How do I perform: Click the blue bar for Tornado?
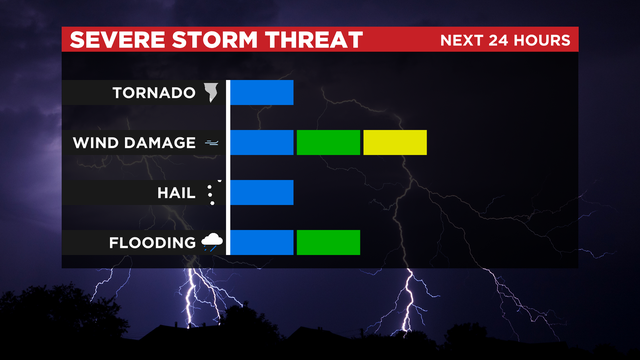click(x=263, y=93)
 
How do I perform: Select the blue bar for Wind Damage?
click(x=263, y=142)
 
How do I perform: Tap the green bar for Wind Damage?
click(x=328, y=142)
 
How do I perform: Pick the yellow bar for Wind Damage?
click(x=395, y=142)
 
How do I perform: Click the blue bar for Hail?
click(x=263, y=192)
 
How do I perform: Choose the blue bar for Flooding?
click(x=263, y=242)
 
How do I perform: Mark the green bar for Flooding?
click(x=328, y=242)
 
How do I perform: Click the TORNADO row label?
click(x=153, y=94)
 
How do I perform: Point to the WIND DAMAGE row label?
click(x=134, y=143)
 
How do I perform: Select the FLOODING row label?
click(x=153, y=243)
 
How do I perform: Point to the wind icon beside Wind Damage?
click(x=212, y=143)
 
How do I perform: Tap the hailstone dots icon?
click(x=211, y=193)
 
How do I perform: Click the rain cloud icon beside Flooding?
click(x=211, y=241)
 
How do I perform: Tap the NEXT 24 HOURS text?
click(x=505, y=41)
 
